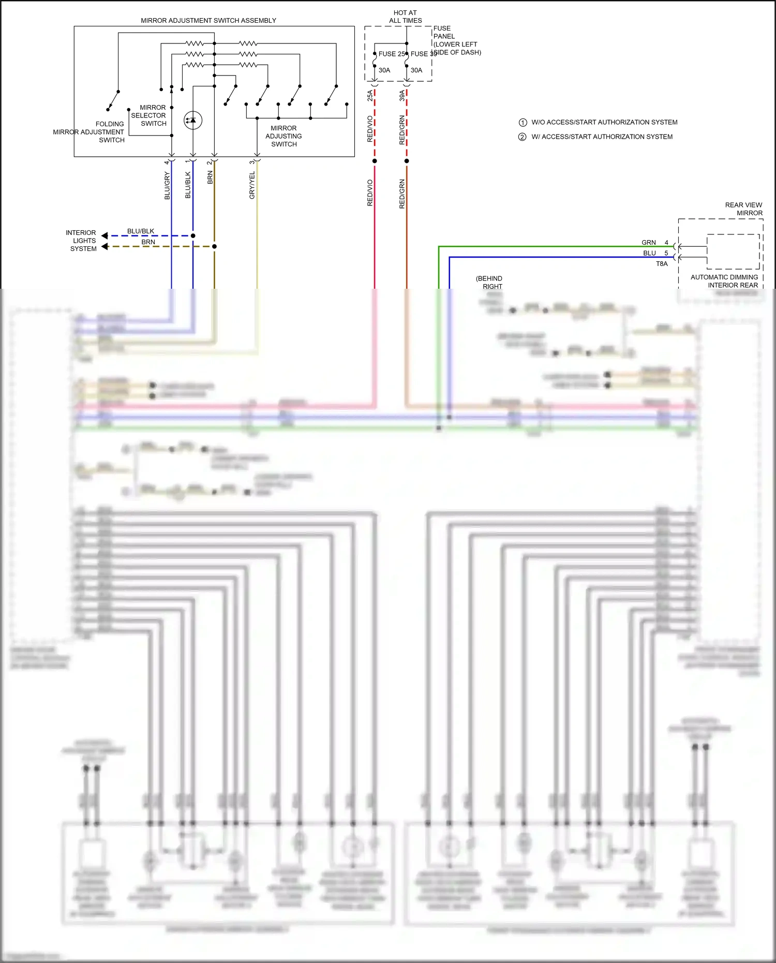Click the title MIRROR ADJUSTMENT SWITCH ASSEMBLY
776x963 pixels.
[x=208, y=21]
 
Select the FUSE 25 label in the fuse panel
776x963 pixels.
[x=392, y=54]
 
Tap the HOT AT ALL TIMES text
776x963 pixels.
[x=405, y=17]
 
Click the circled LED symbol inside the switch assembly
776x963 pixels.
[x=193, y=120]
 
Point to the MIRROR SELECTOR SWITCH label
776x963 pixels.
[x=149, y=115]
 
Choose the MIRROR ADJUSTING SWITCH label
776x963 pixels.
[x=283, y=136]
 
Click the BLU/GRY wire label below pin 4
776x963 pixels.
[x=167, y=186]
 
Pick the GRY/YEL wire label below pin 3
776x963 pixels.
[x=252, y=185]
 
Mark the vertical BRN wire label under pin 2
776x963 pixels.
[x=210, y=178]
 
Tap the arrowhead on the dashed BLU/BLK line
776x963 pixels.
[x=105, y=236]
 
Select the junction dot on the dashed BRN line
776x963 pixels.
[x=214, y=246]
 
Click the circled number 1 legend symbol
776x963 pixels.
[x=523, y=123]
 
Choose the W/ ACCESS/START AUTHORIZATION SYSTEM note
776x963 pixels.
[x=602, y=137]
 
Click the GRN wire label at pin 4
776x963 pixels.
[x=648, y=243]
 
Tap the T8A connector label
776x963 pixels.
[x=662, y=264]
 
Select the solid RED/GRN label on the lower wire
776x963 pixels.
[x=402, y=194]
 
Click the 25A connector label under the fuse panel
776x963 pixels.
[x=370, y=95]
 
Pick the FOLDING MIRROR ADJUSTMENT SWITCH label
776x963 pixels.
[x=89, y=132]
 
